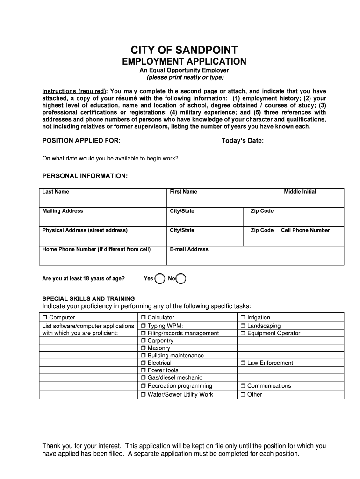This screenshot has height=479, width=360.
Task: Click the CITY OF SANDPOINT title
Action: click(184, 50)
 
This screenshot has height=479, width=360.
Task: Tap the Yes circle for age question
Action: click(160, 279)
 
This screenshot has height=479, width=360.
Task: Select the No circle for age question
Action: click(181, 279)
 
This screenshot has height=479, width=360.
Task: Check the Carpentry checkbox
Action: click(144, 341)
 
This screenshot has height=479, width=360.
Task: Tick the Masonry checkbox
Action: click(144, 348)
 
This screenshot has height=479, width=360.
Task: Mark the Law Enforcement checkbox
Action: click(243, 363)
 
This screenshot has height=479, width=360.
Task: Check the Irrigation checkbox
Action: click(243, 318)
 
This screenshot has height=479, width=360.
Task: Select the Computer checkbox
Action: click(45, 318)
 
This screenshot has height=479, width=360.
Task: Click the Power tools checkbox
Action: click(144, 370)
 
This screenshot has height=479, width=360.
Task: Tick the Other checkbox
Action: click(243, 395)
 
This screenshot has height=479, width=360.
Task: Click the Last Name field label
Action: click(56, 192)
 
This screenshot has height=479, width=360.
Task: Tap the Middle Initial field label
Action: click(300, 192)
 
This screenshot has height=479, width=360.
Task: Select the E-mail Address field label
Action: click(189, 249)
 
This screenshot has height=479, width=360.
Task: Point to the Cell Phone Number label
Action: click(305, 230)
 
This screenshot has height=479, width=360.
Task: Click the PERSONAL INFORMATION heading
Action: click(85, 176)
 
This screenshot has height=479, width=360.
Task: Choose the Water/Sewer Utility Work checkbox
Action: click(144, 395)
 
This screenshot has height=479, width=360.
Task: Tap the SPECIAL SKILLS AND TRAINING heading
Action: click(88, 298)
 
